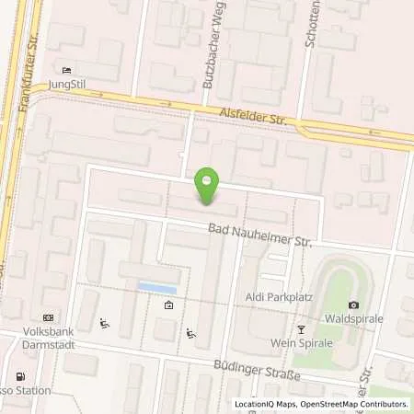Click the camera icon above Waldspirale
pyautogui.click(x=353, y=305)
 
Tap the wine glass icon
pyautogui.click(x=300, y=328)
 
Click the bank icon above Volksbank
pyautogui.click(x=48, y=316)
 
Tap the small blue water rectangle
pyautogui.click(x=157, y=289)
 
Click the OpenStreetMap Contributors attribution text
pyautogui.click(x=359, y=405)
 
